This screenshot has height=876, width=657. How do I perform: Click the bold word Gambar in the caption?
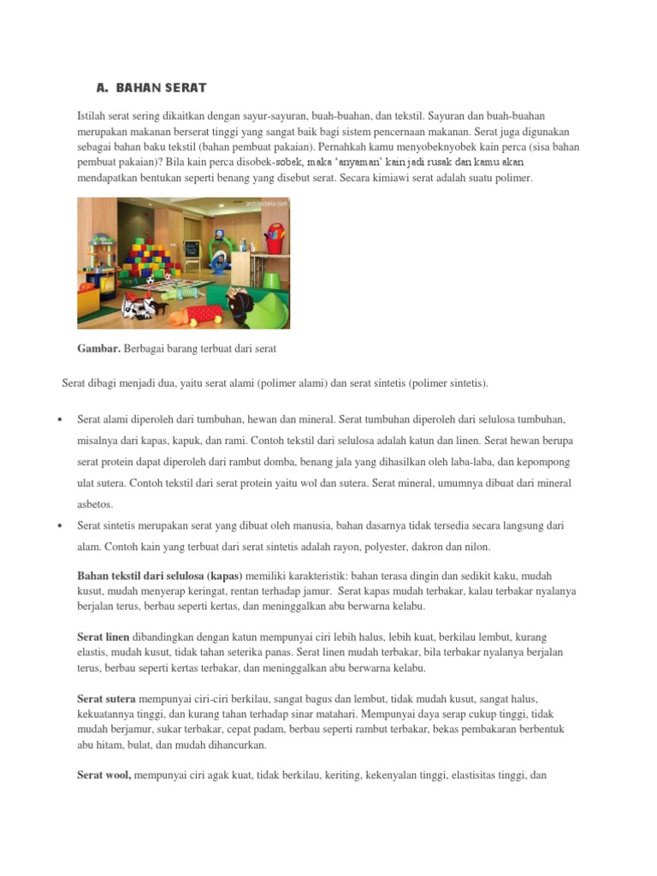click(x=99, y=348)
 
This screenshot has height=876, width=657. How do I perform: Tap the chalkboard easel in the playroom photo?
click(x=191, y=250)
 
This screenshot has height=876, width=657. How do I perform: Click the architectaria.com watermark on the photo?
click(x=266, y=204)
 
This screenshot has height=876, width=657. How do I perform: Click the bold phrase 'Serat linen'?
click(x=103, y=638)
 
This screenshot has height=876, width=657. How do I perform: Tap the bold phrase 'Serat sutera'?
click(x=106, y=699)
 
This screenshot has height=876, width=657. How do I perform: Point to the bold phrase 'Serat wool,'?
click(x=104, y=776)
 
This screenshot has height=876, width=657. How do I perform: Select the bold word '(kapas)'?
click(x=225, y=577)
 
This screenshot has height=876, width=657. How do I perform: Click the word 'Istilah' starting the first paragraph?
click(x=92, y=115)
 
